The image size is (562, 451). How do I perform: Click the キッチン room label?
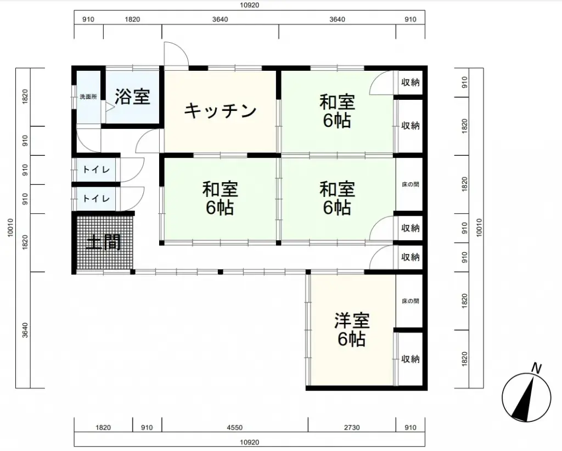(220, 111)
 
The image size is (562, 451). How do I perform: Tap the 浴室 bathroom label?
(132, 97)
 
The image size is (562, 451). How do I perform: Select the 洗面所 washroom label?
(88, 97)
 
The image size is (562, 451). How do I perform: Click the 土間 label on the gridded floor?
(103, 243)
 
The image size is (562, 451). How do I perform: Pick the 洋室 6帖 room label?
(352, 330)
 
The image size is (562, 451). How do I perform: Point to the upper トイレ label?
(96, 170)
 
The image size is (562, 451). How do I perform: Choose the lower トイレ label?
(96, 198)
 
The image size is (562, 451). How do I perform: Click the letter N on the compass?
(536, 368)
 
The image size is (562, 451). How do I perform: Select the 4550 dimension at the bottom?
(235, 427)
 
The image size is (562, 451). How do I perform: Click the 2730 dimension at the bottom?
(352, 427)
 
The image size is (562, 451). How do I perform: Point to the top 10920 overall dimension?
(250, 5)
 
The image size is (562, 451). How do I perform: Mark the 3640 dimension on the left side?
(25, 330)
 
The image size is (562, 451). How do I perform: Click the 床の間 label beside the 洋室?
(411, 301)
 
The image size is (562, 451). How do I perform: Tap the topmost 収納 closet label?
(411, 82)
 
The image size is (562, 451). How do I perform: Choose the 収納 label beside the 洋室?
(411, 359)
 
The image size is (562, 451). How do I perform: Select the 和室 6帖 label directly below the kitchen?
(220, 198)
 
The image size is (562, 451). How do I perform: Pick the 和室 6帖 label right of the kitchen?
(337, 111)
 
